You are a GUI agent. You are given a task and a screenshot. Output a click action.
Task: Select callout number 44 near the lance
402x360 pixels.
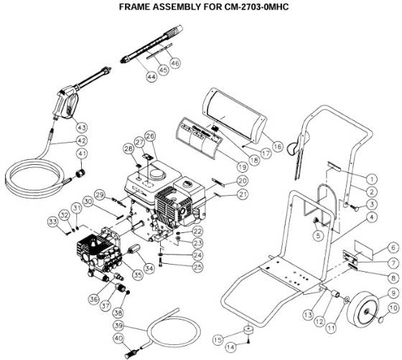[x=151, y=75]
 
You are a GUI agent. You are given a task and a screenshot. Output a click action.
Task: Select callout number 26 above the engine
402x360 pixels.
[x=150, y=136]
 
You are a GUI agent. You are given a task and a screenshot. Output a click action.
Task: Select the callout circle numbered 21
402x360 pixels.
[x=243, y=194]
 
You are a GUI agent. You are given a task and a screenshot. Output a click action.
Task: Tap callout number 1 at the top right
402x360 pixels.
[x=372, y=178]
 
